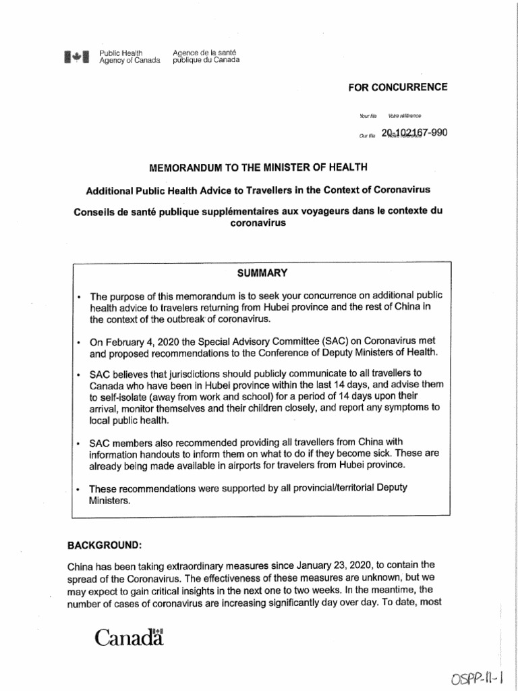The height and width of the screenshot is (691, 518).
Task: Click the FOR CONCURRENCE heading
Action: tap(397, 88)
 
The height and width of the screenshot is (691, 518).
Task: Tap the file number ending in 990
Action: tap(413, 133)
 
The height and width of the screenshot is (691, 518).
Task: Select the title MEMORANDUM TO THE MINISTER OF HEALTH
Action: tap(259, 166)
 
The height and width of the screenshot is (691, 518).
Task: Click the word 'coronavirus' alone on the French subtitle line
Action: tap(259, 223)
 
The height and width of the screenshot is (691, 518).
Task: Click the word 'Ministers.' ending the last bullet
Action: tap(110, 501)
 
